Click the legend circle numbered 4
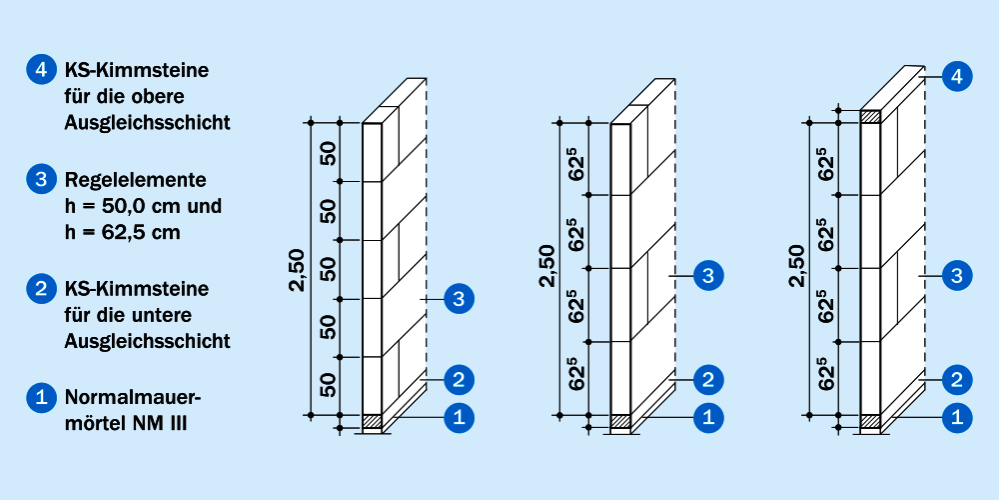coord(42,70)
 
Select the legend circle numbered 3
coord(42,179)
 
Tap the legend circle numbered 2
coord(42,289)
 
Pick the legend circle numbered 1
coord(42,398)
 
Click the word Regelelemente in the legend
coord(136,180)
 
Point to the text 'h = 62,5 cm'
coord(122,232)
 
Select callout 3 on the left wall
coord(459,298)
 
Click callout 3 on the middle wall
coord(708,276)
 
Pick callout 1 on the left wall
coord(459,418)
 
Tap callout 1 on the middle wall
coord(708,418)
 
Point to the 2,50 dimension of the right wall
coord(796,265)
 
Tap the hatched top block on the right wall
coord(870,117)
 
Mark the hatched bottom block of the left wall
coord(372,421)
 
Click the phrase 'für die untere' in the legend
coord(128,315)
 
